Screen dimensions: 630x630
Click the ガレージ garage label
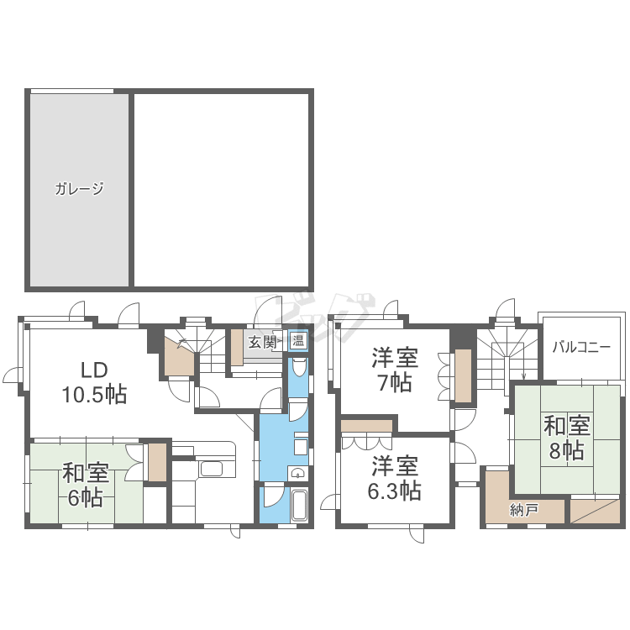pyautogui.click(x=79, y=188)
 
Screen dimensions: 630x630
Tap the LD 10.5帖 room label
pyautogui.click(x=94, y=382)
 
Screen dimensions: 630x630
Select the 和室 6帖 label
pyautogui.click(x=85, y=485)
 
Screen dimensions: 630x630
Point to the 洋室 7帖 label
pyautogui.click(x=395, y=370)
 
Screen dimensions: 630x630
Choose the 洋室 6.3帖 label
pyautogui.click(x=395, y=478)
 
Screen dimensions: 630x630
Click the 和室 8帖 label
pyautogui.click(x=566, y=438)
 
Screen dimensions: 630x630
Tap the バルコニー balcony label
pyautogui.click(x=581, y=347)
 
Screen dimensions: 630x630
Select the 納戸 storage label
pyautogui.click(x=524, y=510)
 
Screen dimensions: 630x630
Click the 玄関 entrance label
pyautogui.click(x=261, y=343)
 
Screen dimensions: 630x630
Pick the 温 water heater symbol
pyautogui.click(x=298, y=341)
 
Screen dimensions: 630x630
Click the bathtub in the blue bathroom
pyautogui.click(x=299, y=506)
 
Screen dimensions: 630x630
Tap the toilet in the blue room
pyautogui.click(x=298, y=367)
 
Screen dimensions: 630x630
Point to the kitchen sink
pyautogui.click(x=212, y=469)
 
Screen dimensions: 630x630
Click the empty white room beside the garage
pyautogui.click(x=221, y=190)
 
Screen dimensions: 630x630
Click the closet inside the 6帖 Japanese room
pyautogui.click(x=157, y=462)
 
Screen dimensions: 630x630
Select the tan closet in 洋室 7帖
pyautogui.click(x=463, y=375)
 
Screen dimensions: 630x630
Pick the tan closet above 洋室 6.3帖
pyautogui.click(x=366, y=426)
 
